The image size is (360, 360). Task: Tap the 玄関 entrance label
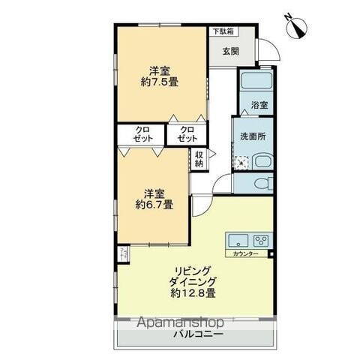pos(231,52)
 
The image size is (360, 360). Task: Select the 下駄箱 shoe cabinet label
pos(221,32)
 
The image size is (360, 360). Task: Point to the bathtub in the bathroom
pos(254,82)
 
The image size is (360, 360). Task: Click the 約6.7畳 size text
pos(154,202)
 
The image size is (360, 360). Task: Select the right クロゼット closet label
pos(186,135)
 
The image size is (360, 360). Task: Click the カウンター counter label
pos(245,255)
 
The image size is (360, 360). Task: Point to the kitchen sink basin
pos(237,241)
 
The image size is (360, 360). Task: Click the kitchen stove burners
pos(260,241)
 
